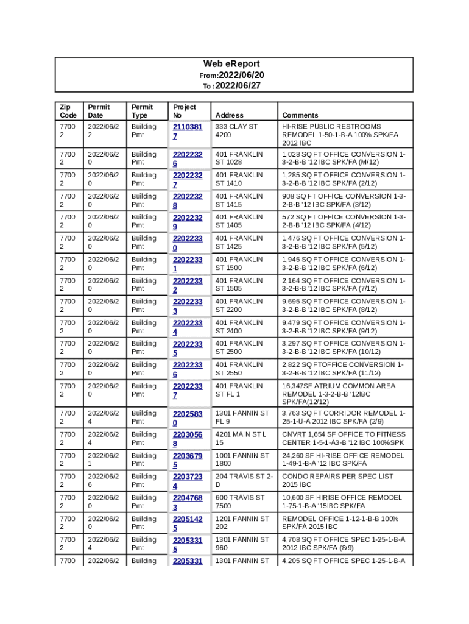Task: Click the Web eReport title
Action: [x=231, y=64]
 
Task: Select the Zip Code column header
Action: [x=68, y=111]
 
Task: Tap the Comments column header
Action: [x=300, y=115]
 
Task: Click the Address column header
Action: [x=229, y=115]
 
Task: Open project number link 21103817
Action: [x=187, y=132]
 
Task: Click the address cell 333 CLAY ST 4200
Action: [x=236, y=130]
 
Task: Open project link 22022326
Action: [x=187, y=159]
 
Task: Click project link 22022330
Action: [x=187, y=243]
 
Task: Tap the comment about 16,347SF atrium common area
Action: [x=339, y=394]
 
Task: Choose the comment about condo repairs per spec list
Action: [x=337, y=480]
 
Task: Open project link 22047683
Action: [x=187, y=502]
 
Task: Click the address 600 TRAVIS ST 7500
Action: [x=239, y=502]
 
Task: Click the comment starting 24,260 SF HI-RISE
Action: [x=343, y=459]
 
